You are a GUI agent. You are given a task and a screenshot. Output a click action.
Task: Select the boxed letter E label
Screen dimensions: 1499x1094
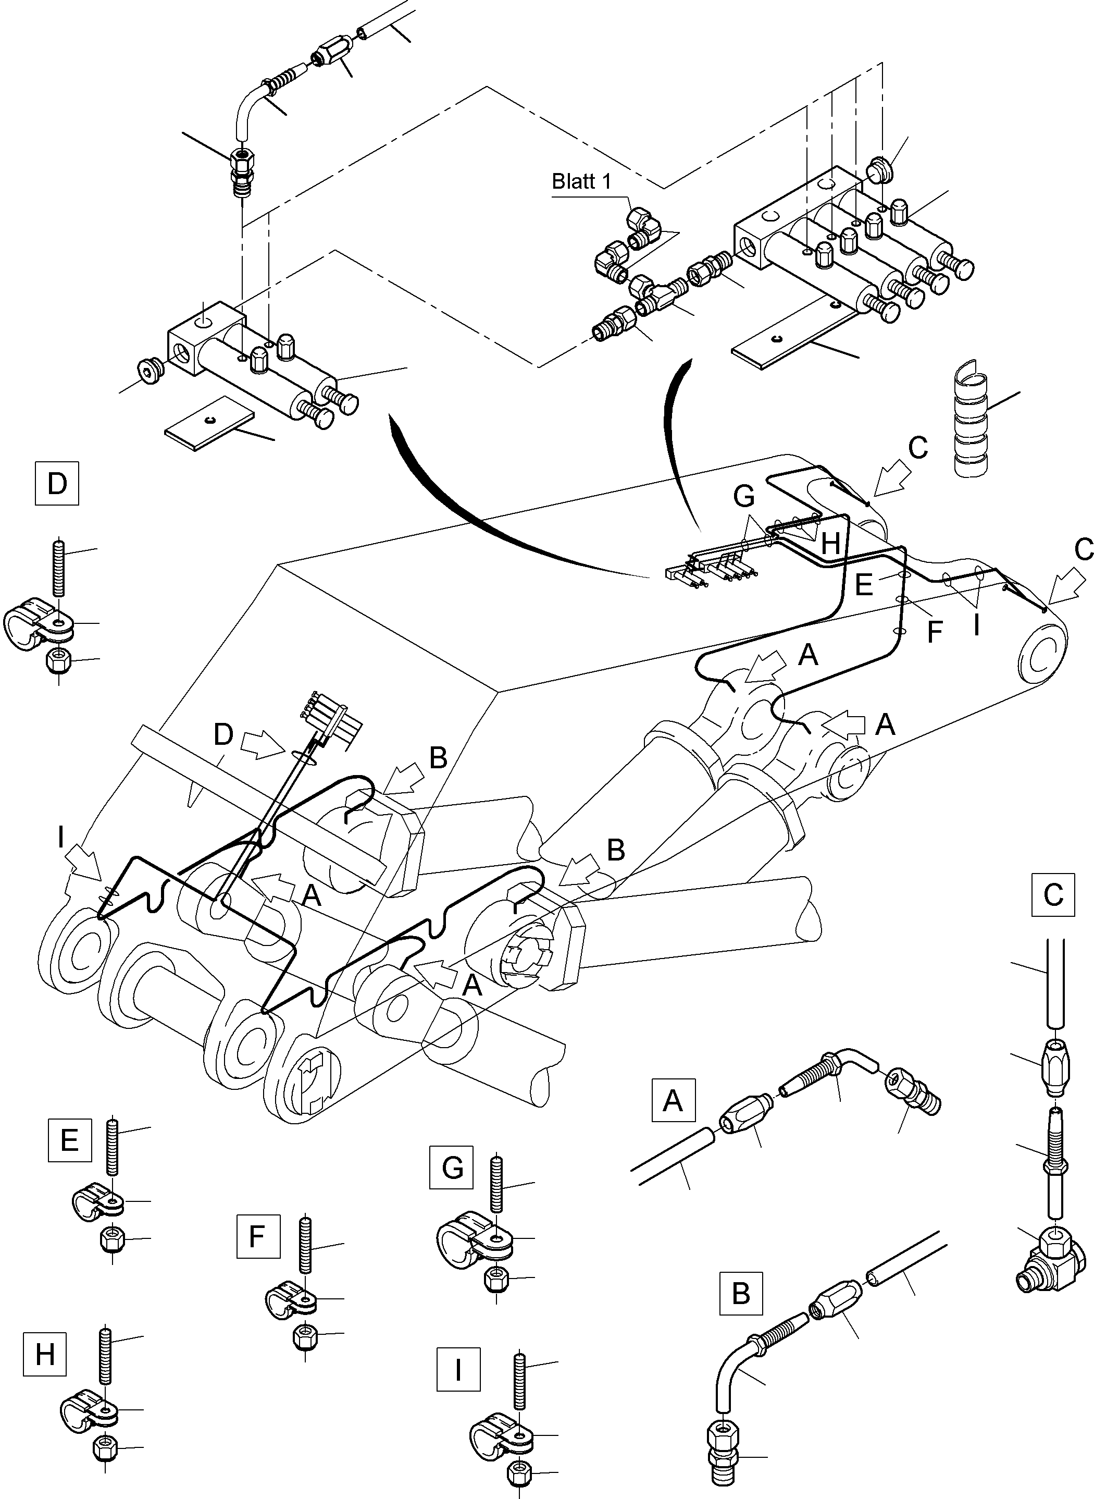tap(69, 1140)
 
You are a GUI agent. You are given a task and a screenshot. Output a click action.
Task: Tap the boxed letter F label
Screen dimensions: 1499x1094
tap(257, 1236)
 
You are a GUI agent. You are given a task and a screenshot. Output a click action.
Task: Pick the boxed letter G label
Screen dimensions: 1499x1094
tap(452, 1167)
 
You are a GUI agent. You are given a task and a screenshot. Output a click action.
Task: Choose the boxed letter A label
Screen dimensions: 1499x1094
tap(673, 1101)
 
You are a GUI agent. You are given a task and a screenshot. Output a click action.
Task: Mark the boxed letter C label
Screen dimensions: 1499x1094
tap(1052, 895)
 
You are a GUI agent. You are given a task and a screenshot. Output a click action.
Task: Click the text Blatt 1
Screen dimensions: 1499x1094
tap(581, 181)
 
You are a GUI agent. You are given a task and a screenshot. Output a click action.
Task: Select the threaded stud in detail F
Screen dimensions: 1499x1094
tap(305, 1247)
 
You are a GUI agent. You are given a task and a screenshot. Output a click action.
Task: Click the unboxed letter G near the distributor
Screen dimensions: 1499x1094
tap(744, 496)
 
